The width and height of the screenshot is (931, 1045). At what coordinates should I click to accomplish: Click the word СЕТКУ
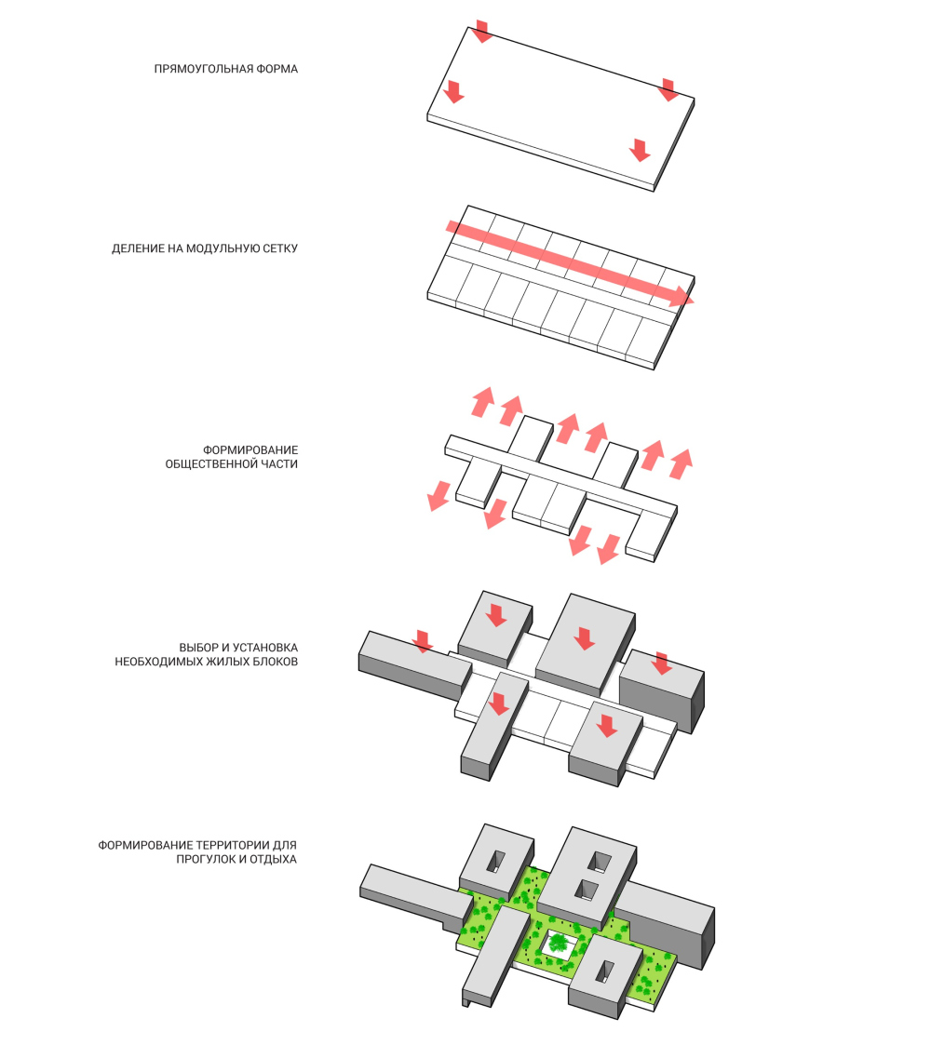280,248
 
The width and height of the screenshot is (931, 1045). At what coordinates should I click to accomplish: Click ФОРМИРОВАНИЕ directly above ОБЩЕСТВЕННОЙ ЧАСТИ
250,449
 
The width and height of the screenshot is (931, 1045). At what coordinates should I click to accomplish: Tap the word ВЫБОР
198,647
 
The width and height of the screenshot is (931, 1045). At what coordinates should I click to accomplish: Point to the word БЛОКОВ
277,662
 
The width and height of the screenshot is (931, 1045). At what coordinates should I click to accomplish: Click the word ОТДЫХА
274,859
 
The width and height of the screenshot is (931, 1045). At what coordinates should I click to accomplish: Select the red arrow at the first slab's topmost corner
481,32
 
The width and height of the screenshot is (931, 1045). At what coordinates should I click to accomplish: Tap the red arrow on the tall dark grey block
662,663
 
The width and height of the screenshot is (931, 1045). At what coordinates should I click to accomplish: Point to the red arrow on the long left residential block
422,641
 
